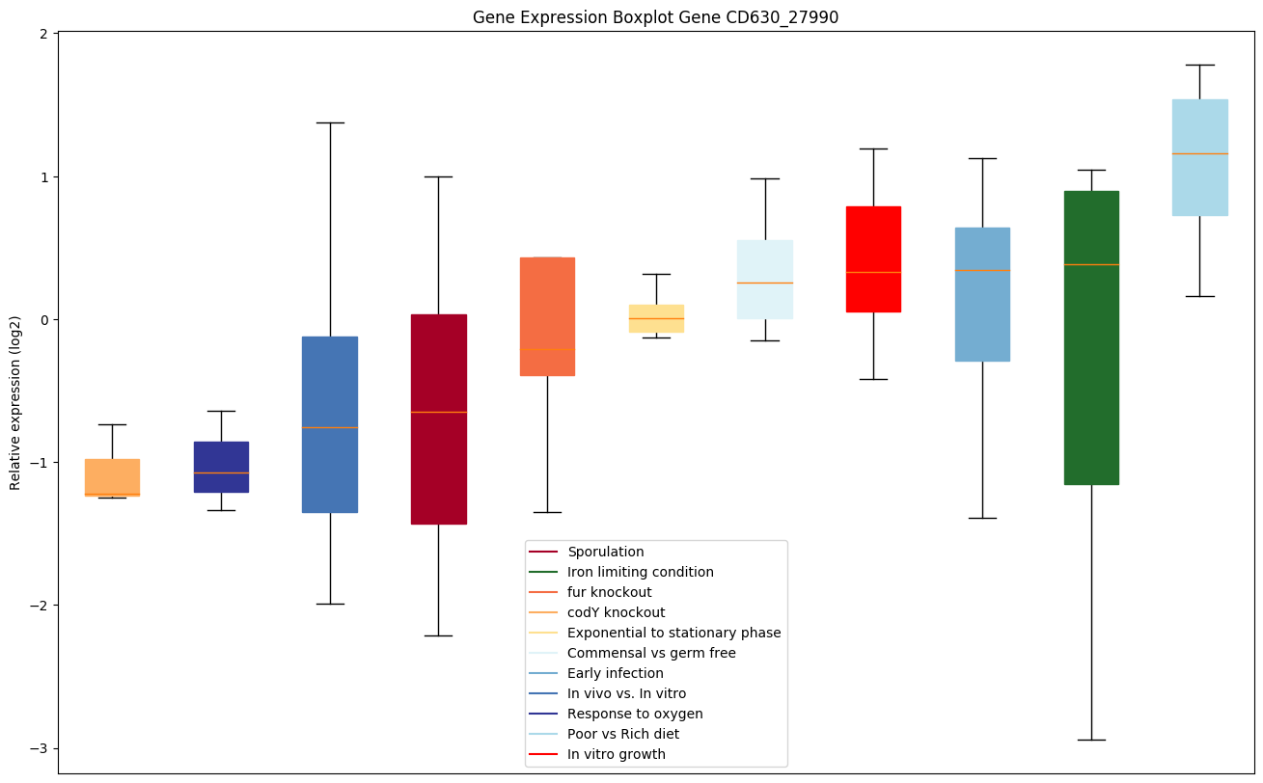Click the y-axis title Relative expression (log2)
tap(15, 402)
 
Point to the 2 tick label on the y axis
tap(44, 34)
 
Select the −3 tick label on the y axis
tap(41, 748)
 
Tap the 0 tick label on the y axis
tap(44, 320)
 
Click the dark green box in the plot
tap(1091, 337)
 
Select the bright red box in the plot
tap(873, 258)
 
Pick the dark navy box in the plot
tap(221, 467)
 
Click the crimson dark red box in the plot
tap(439, 418)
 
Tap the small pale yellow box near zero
tap(656, 318)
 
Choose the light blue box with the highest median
tap(1199, 157)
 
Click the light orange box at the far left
tap(112, 477)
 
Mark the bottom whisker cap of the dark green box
tap(1091, 740)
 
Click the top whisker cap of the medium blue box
tap(330, 122)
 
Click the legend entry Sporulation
tap(605, 552)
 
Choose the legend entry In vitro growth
tap(616, 754)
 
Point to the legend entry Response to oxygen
tap(635, 714)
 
